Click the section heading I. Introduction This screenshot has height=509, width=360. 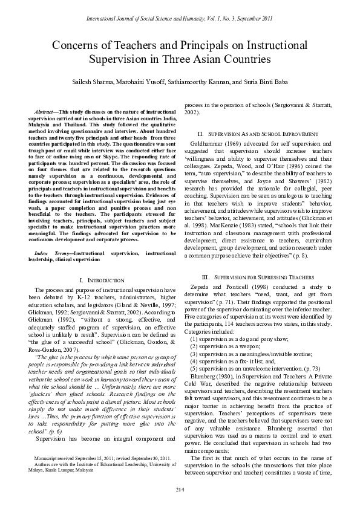pos(102,280)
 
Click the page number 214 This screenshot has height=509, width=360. pos(180,488)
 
